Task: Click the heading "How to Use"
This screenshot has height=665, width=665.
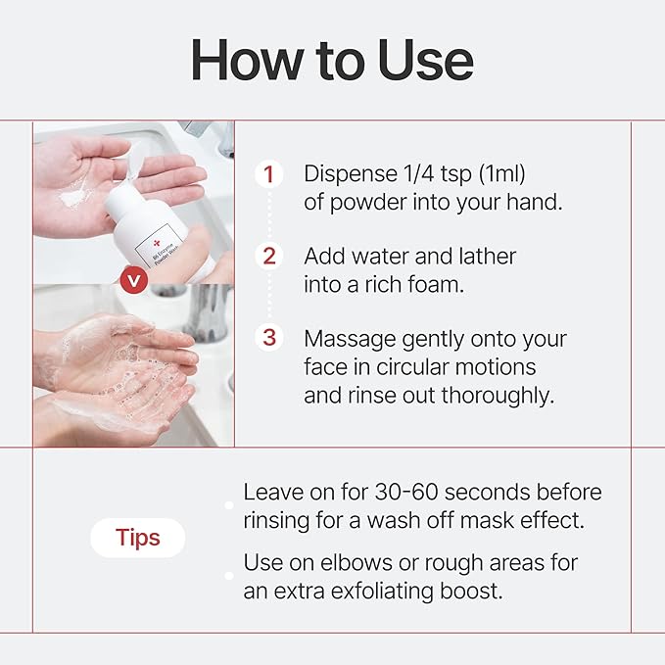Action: [332, 60]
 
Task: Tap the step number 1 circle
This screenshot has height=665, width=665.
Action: [268, 175]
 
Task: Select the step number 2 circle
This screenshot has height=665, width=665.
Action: [268, 257]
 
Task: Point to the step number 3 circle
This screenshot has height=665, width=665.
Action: [268, 338]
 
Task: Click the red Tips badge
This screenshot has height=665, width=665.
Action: [137, 538]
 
